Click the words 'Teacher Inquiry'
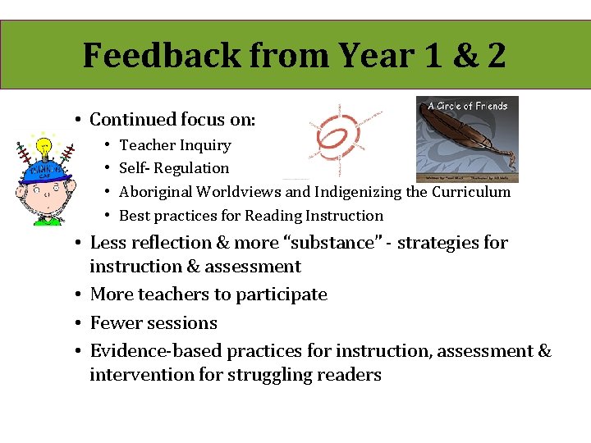[x=175, y=145]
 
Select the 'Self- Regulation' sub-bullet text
[x=174, y=168]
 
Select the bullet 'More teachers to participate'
[x=208, y=295]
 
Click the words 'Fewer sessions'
[x=153, y=323]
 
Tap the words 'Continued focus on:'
[x=172, y=120]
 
